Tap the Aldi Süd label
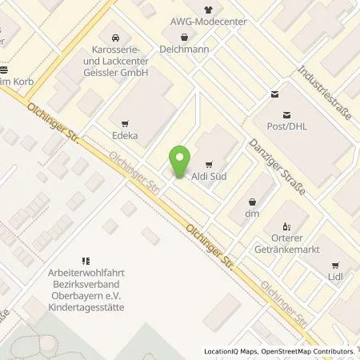pyautogui.click(x=206, y=174)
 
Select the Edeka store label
pyautogui.click(x=125, y=136)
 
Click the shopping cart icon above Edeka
pyautogui.click(x=125, y=123)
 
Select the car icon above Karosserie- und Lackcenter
pyautogui.click(x=116, y=37)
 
